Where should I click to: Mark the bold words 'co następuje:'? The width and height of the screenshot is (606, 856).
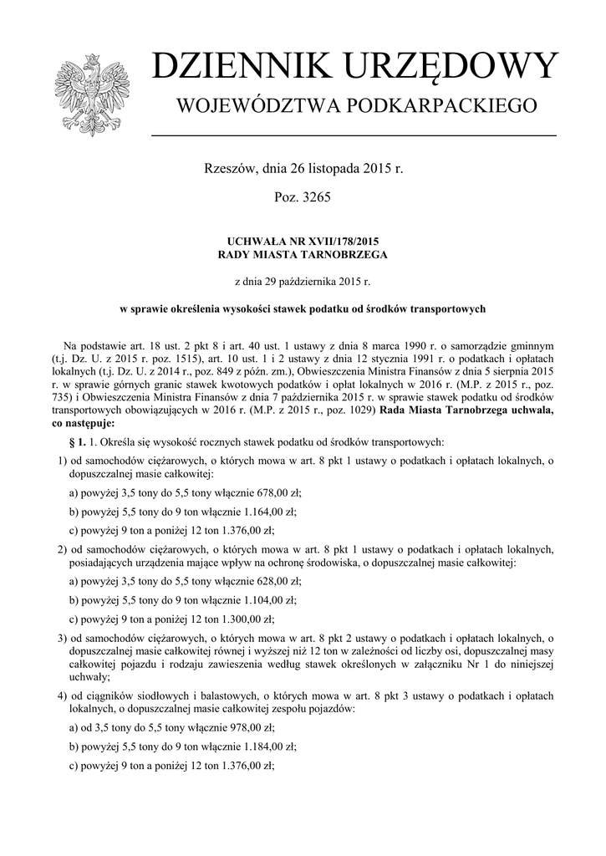[83, 424]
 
